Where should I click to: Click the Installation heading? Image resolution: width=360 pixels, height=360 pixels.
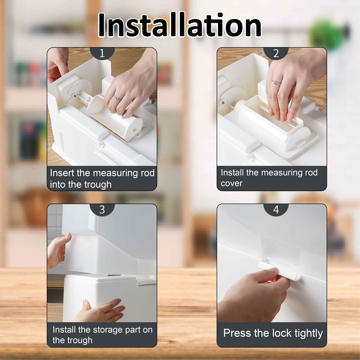pos(180,25)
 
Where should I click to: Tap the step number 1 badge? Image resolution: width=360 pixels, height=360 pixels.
pos(102,53)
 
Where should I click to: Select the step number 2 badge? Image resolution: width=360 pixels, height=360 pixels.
pos(276,53)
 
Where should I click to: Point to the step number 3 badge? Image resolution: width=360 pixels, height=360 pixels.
pos(102,210)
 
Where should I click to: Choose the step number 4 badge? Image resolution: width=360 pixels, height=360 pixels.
pos(276,210)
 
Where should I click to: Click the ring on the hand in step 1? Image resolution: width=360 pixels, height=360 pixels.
pos(117,98)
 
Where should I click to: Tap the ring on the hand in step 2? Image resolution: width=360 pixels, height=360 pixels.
pos(276,83)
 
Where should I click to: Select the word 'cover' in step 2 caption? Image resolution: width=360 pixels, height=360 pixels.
pos(231,184)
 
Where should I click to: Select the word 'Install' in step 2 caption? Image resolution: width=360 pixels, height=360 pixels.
pos(232,172)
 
